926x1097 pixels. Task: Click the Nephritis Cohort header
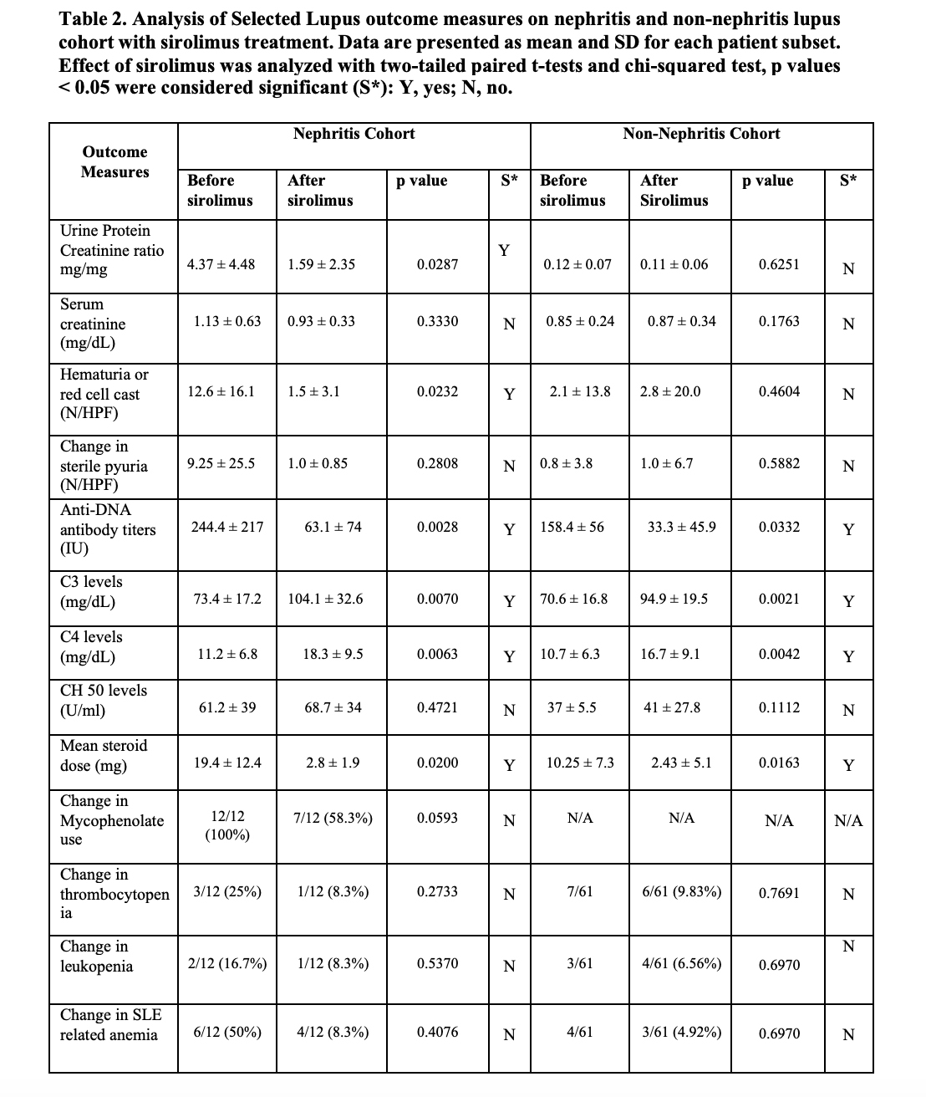coord(354,134)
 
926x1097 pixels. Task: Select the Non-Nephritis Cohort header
coord(701,134)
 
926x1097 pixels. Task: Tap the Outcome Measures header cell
coord(114,162)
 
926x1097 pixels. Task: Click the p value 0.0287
coord(437,264)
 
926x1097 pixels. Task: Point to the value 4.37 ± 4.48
coord(221,264)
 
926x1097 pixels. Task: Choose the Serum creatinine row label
coord(93,324)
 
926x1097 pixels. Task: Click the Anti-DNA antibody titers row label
coord(107,529)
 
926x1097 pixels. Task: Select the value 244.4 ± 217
coord(227,527)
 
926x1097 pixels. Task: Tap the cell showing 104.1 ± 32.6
coord(325,599)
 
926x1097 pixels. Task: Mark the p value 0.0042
coord(779,654)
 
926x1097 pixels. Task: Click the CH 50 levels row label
coord(103,701)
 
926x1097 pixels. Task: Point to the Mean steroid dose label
coord(103,756)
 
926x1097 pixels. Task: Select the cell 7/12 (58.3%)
coord(333,818)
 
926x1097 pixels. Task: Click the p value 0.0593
coord(437,818)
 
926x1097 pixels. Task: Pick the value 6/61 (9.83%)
coord(681,891)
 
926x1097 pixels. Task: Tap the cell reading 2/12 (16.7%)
coord(226,963)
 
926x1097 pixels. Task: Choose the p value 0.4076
coord(437,1032)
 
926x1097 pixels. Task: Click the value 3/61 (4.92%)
coord(681,1032)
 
